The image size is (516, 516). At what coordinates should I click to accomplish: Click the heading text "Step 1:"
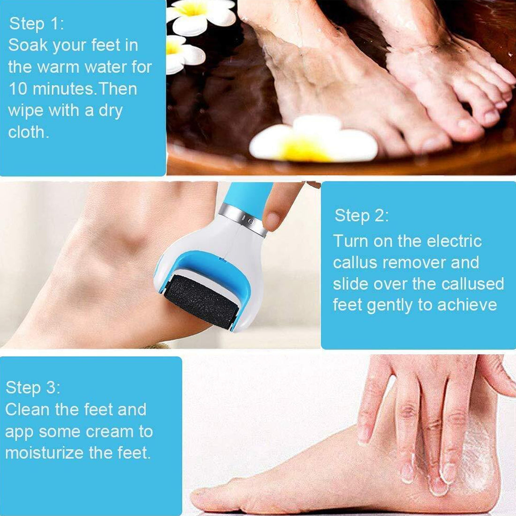37,24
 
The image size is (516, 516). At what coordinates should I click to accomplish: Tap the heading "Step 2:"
362,215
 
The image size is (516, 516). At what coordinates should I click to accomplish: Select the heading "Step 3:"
33,388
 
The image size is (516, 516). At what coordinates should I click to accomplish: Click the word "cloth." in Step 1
28,132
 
